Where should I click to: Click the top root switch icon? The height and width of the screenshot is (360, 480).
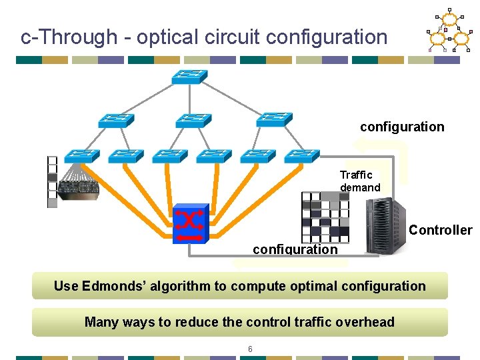tap(189, 76)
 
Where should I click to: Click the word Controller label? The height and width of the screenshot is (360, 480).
tap(440, 230)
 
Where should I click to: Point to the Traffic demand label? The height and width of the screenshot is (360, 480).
tap(359, 181)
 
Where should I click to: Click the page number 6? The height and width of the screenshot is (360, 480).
tap(250, 349)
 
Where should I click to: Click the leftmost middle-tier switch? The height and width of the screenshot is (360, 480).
tap(116, 120)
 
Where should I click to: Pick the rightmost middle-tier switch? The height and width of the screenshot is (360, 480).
tap(274, 120)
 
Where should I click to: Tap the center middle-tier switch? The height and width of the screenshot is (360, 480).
tap(193, 120)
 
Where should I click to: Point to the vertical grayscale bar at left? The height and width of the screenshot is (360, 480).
tap(52, 181)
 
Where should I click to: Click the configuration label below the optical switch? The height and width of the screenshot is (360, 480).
tap(295, 249)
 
